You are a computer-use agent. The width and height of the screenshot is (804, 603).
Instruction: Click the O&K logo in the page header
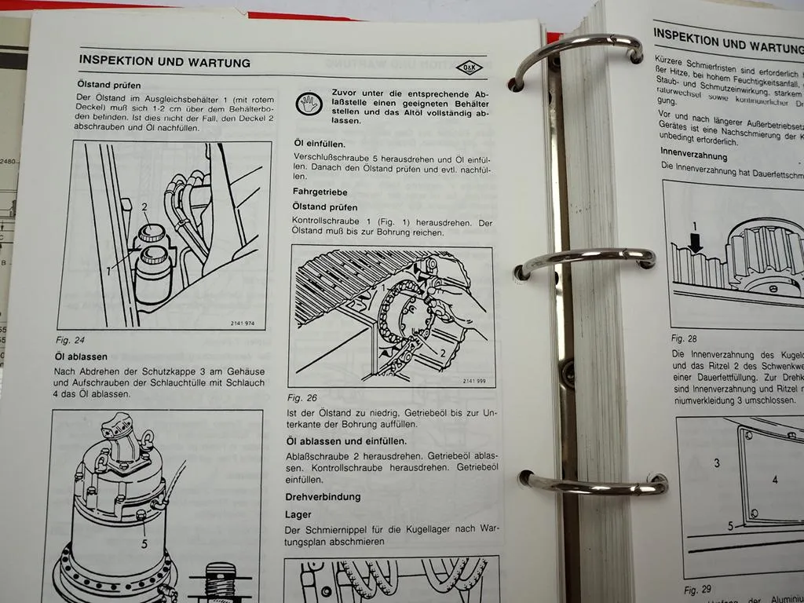[x=470, y=68]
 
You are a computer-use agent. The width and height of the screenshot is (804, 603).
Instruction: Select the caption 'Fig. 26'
[x=301, y=398]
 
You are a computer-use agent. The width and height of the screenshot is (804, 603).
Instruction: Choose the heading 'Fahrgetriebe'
[x=320, y=192]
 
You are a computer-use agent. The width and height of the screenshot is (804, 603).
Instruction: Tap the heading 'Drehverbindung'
[x=323, y=497]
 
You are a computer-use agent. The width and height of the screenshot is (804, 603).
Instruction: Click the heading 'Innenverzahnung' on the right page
[x=693, y=156]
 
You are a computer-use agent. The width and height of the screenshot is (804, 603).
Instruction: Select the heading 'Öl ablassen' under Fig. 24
[x=81, y=356]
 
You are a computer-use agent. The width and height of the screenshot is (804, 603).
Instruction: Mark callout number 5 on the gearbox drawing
[x=144, y=542]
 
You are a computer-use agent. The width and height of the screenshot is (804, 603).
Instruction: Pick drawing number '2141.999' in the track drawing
[x=473, y=381]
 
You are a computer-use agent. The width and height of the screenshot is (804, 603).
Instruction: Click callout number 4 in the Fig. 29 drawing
[x=774, y=479]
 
